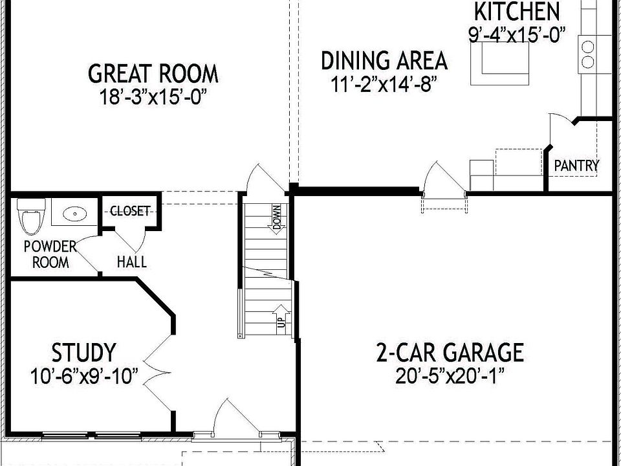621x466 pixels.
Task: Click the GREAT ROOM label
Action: (x=153, y=73)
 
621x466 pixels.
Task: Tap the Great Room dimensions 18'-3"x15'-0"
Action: (x=157, y=97)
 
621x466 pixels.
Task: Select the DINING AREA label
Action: (x=384, y=61)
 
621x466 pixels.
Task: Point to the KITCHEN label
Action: (x=516, y=12)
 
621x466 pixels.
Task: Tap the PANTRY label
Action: (x=576, y=166)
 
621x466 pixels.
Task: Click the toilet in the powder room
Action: (x=30, y=216)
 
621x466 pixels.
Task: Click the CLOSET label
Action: (x=130, y=211)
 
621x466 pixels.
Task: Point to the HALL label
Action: (x=131, y=262)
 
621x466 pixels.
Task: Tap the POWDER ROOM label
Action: (x=50, y=254)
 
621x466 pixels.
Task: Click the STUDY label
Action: (x=84, y=353)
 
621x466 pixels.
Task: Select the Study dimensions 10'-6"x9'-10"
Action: (x=84, y=376)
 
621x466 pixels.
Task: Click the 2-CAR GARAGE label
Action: (x=450, y=353)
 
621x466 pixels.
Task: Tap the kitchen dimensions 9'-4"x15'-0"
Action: (x=517, y=34)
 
